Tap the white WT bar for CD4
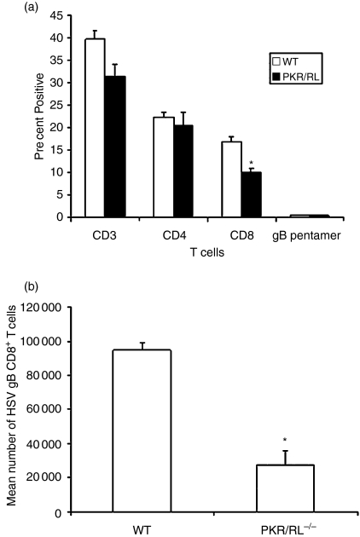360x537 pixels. pyautogui.click(x=164, y=167)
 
